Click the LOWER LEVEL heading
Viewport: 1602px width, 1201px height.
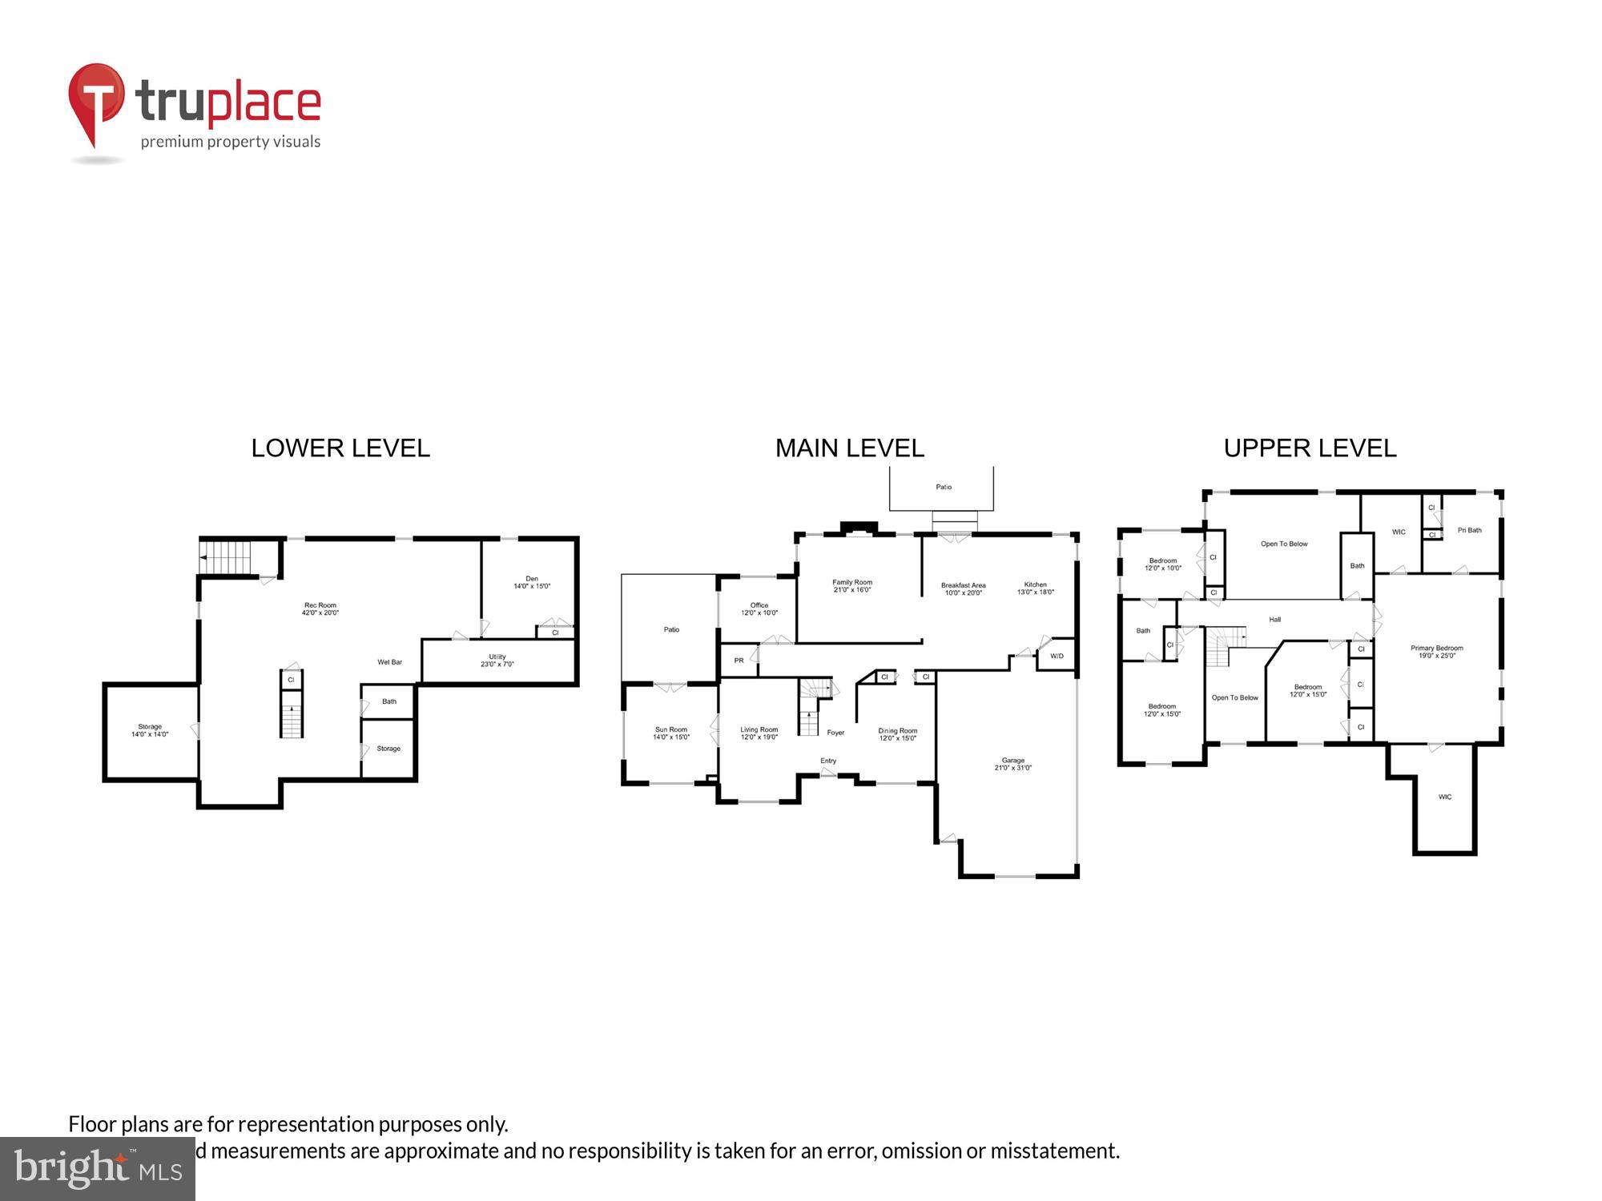click(x=340, y=448)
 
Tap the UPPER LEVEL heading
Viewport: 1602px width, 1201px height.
click(x=1310, y=448)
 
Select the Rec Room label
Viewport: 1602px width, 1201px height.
click(x=320, y=609)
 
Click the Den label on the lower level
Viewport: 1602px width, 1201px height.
click(x=532, y=582)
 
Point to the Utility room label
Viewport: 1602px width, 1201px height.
click(x=497, y=660)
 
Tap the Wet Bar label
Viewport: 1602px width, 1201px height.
click(x=390, y=662)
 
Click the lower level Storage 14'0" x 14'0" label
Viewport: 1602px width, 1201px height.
click(x=150, y=730)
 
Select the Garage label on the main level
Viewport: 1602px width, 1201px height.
click(x=1012, y=764)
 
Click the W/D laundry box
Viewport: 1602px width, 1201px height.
click(x=1057, y=657)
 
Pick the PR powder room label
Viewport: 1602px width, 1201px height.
click(x=739, y=661)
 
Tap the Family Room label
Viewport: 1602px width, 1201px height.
click(x=852, y=585)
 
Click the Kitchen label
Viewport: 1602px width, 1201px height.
click(x=1035, y=588)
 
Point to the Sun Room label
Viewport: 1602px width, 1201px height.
click(x=671, y=733)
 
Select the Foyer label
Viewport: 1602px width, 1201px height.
click(x=835, y=733)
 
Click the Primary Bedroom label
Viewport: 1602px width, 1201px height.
click(x=1437, y=652)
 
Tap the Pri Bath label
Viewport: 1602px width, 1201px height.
click(x=1469, y=530)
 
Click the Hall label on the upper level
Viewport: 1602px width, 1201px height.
click(x=1274, y=620)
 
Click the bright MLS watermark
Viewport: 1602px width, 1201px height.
click(x=97, y=1170)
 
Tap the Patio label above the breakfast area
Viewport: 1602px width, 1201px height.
click(x=944, y=487)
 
